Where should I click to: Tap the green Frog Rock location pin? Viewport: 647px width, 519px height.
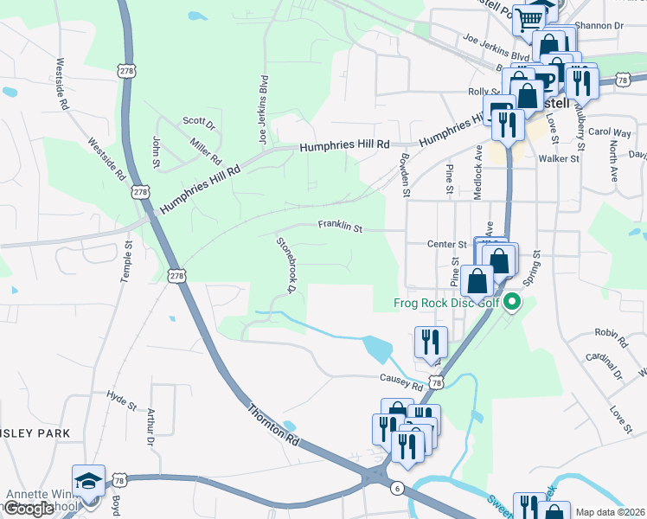(x=512, y=303)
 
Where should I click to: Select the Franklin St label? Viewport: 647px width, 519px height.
(x=339, y=227)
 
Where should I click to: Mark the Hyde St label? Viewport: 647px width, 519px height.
(x=121, y=400)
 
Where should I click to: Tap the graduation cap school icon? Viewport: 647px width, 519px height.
(x=88, y=481)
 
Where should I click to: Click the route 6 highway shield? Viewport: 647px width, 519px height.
(x=397, y=489)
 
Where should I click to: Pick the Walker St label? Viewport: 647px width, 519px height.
(x=558, y=159)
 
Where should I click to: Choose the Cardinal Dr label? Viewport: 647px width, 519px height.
(x=604, y=363)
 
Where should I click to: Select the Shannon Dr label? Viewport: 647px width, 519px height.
(x=600, y=26)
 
